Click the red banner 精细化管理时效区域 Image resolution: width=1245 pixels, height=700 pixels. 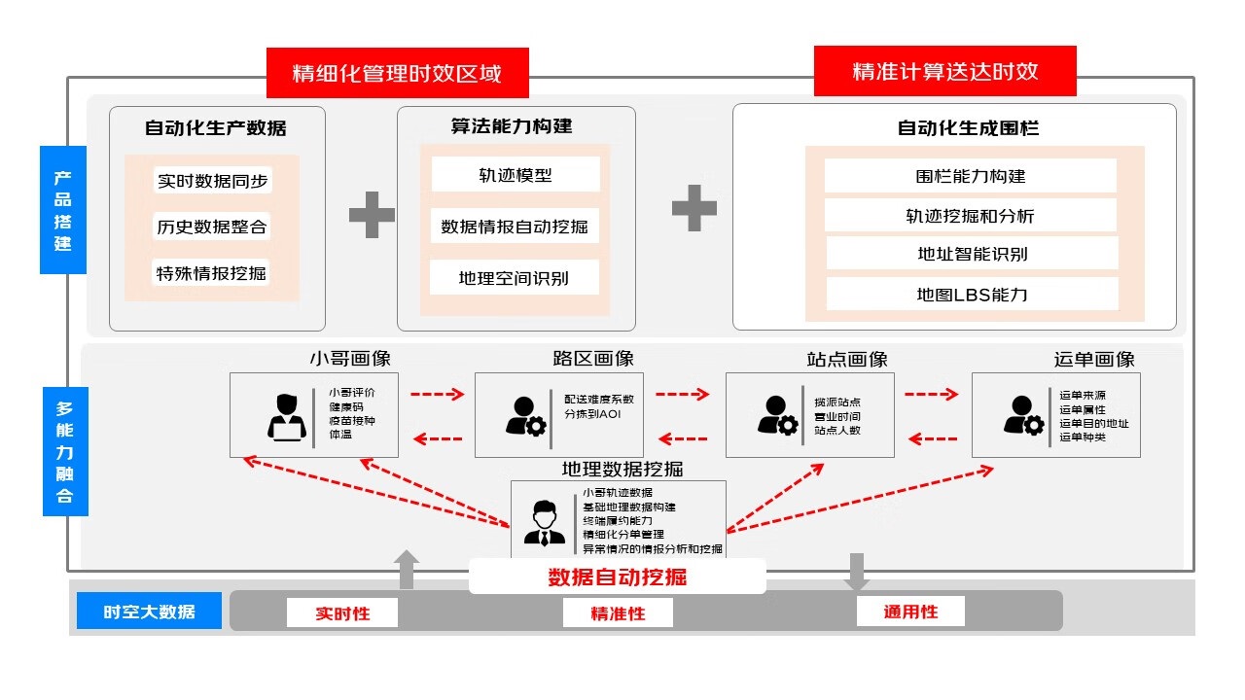point(397,73)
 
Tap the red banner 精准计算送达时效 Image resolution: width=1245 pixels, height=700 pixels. point(944,71)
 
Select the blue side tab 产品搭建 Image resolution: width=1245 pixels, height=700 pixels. point(63,210)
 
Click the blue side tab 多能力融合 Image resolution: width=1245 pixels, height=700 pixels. point(64,451)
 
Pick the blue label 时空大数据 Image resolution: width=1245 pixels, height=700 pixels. point(149,612)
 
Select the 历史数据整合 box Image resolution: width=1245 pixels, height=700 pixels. point(212,227)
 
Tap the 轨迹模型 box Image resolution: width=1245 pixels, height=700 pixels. point(515,175)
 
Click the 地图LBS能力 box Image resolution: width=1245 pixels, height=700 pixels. point(972,294)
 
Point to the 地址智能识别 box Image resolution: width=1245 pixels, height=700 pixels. point(972,254)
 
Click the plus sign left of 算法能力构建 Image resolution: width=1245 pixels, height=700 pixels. point(372,214)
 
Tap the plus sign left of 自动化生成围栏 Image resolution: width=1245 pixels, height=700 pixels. point(694,208)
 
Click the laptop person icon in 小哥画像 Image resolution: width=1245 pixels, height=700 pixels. point(286,416)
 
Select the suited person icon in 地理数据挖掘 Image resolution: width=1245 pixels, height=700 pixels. point(544,522)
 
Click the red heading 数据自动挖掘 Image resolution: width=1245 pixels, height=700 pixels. point(617,577)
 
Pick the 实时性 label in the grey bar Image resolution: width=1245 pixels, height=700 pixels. point(342,612)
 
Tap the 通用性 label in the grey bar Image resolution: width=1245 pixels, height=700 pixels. point(910,611)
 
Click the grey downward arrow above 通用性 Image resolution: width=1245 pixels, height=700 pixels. point(857,572)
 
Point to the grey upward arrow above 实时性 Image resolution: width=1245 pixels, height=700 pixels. point(408,570)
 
